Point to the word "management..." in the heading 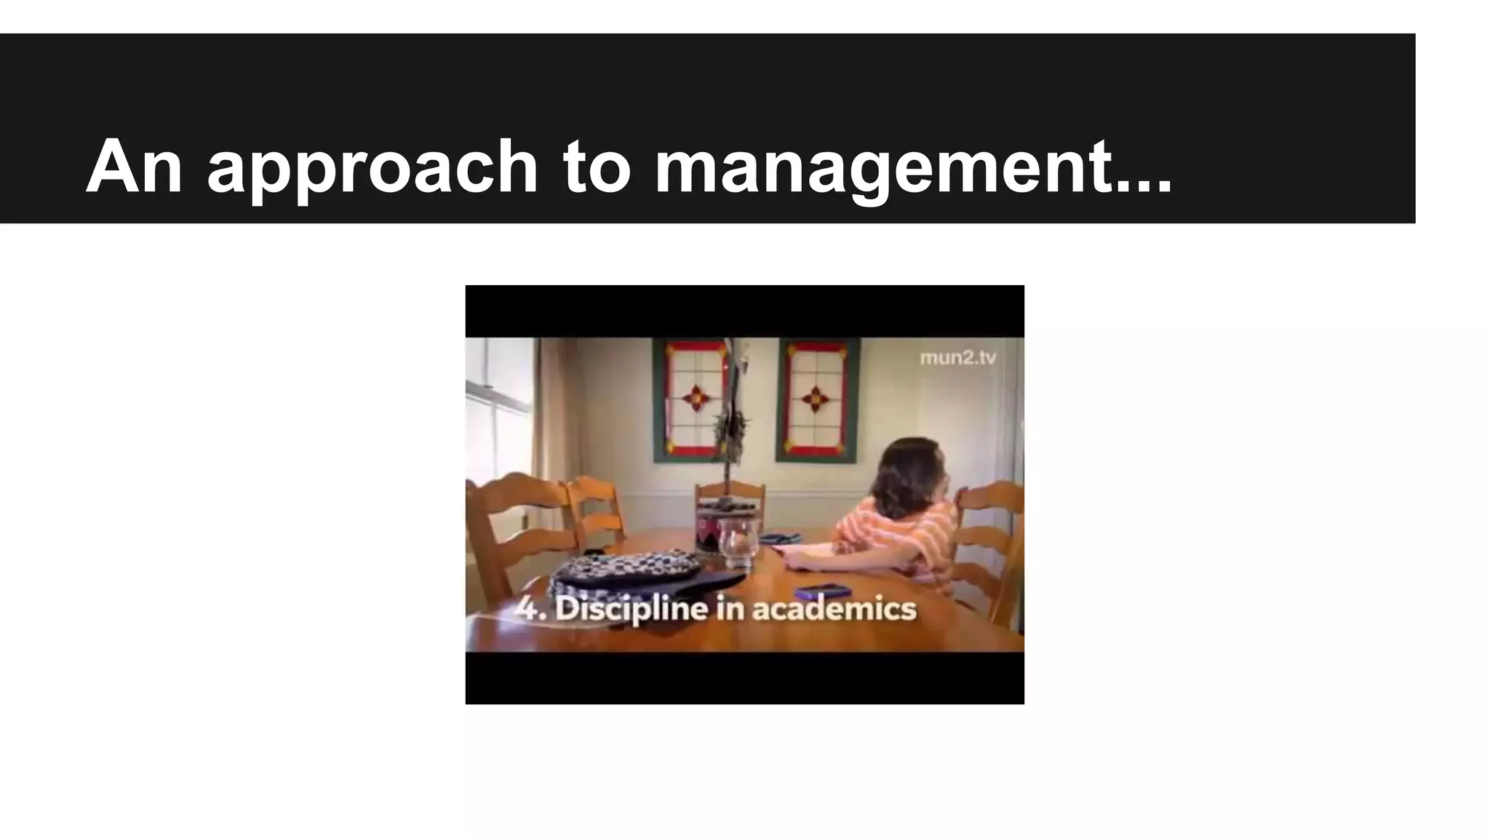click(x=913, y=169)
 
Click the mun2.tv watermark click(x=957, y=358)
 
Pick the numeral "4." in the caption click(x=530, y=608)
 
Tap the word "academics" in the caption click(x=834, y=608)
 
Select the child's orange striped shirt click(x=902, y=538)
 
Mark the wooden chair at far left click(x=509, y=524)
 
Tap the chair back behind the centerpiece click(x=730, y=495)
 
